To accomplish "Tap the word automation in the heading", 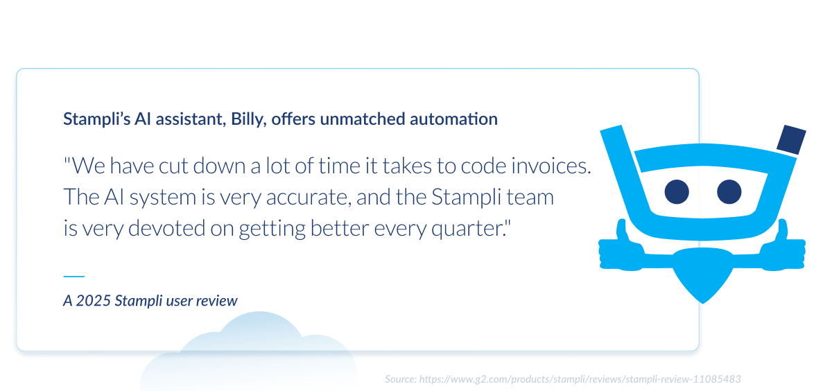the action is pyautogui.click(x=453, y=119).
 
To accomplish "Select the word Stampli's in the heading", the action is pyautogui.click(x=96, y=119).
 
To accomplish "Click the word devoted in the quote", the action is pyautogui.click(x=166, y=228).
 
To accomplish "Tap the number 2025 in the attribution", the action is pyautogui.click(x=93, y=301).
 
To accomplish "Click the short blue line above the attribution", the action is pyautogui.click(x=74, y=276).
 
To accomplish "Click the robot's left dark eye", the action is pyautogui.click(x=677, y=191).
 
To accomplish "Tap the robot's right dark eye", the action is pyautogui.click(x=729, y=191).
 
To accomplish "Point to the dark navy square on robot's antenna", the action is pyautogui.click(x=792, y=139).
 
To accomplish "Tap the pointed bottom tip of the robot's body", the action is pyautogui.click(x=703, y=303).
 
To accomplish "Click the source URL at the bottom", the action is pyautogui.click(x=580, y=379).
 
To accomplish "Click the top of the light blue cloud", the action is pyautogui.click(x=259, y=312).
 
